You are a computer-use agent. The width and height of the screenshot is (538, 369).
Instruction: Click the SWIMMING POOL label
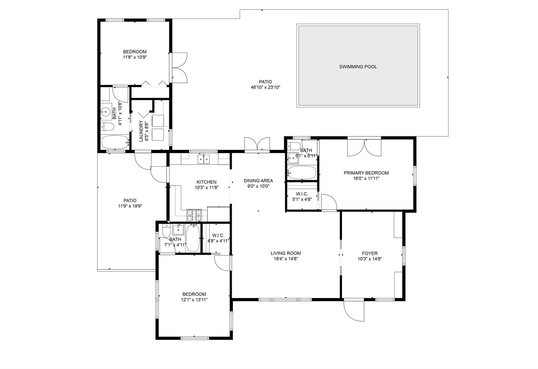coord(358,67)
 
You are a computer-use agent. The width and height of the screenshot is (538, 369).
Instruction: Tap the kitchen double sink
coord(204,159)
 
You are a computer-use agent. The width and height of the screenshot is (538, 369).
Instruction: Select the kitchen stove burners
coord(194,215)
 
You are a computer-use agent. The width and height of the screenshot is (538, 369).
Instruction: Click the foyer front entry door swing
coord(354,311)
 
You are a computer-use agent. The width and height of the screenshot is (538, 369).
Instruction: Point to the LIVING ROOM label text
coord(286,253)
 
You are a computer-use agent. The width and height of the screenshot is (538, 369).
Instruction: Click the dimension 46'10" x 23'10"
coord(265,87)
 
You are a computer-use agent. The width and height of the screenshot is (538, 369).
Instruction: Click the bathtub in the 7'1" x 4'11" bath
coord(193,238)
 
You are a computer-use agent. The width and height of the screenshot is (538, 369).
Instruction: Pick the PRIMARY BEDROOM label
coord(366,173)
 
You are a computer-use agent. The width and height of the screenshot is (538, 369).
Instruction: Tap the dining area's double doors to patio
coord(257,145)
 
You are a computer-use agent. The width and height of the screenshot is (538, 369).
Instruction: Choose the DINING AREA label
coord(258,181)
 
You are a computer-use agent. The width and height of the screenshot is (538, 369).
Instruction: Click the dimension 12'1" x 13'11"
coord(194,300)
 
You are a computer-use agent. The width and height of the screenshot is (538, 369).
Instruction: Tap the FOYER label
coord(370,254)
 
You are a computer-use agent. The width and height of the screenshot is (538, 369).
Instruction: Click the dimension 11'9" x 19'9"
coord(130,206)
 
